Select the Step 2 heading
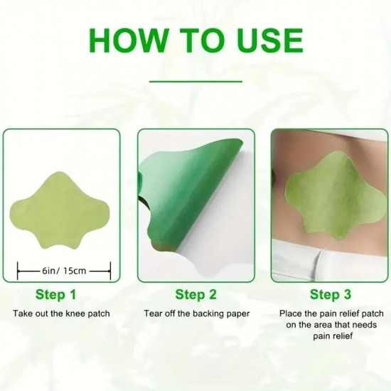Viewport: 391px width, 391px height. pyautogui.click(x=195, y=294)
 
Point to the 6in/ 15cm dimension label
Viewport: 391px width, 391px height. pyautogui.click(x=65, y=269)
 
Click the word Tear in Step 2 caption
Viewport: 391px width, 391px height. pyautogui.click(x=154, y=314)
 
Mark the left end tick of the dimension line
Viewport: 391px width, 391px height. pyautogui.click(x=20, y=269)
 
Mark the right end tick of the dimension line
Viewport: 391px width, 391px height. pyautogui.click(x=110, y=269)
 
